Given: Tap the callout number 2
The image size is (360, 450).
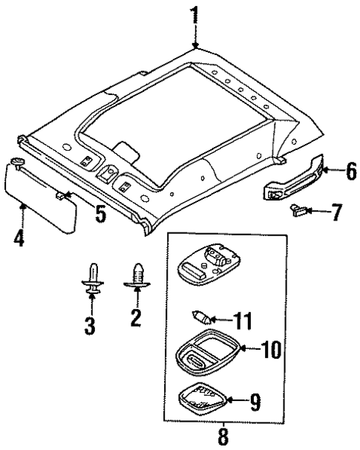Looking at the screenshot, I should click(x=135, y=318).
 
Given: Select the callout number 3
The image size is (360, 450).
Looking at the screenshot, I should click(x=91, y=325).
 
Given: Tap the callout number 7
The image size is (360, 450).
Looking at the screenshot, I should click(x=336, y=215).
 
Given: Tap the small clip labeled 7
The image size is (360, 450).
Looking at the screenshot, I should click(x=297, y=213).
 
